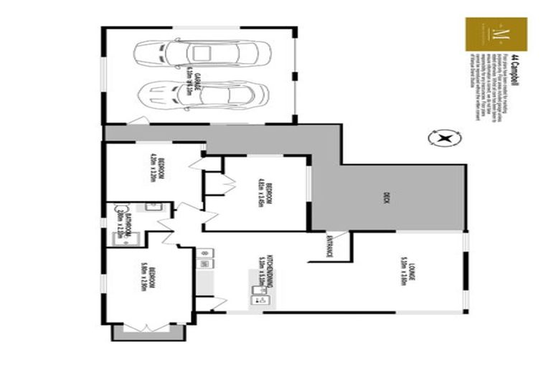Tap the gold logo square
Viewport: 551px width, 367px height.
(x=496, y=34)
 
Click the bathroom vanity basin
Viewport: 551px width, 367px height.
(x=151, y=206)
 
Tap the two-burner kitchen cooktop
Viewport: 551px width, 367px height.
(x=203, y=253)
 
